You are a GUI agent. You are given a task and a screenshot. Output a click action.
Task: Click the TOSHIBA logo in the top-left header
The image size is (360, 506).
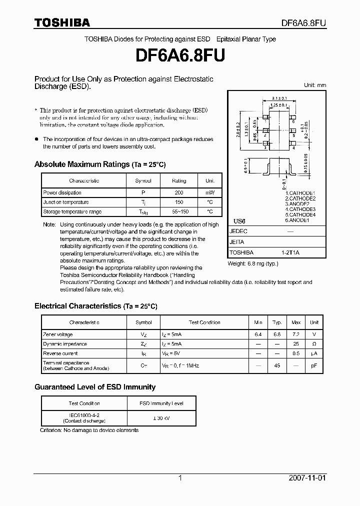[x=62, y=22]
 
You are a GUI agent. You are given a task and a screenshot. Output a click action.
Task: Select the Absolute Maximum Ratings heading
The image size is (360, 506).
[x=99, y=164]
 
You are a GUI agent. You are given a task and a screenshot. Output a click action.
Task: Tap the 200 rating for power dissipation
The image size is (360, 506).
[x=178, y=192]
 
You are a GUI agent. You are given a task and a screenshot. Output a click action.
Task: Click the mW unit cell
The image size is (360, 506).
[x=209, y=192]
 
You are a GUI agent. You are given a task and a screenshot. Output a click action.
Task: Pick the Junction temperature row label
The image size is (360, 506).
[x=66, y=202]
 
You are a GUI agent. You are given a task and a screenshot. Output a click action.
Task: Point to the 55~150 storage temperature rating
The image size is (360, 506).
[x=178, y=212]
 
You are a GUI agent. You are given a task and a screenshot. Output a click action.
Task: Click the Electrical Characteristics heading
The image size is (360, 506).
[x=95, y=306]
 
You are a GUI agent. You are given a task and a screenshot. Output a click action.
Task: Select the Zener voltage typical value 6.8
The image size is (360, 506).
[x=277, y=334]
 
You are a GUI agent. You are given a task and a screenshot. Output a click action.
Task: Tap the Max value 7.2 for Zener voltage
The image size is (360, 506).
[x=296, y=334]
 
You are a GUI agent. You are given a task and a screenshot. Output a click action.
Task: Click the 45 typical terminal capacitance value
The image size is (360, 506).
[x=277, y=365]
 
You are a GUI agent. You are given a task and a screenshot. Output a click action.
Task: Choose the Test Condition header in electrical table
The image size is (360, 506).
[x=204, y=322]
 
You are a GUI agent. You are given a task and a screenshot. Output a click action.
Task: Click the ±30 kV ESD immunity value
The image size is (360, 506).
[x=161, y=418]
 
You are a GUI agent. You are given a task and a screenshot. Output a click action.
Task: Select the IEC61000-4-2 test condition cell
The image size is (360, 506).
[x=84, y=418]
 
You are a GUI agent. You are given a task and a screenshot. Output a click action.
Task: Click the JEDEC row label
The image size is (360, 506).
[x=238, y=232]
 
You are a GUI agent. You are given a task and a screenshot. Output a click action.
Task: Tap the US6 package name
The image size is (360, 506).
[x=240, y=221]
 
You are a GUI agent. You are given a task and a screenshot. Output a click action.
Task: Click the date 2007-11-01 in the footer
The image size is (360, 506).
[x=306, y=478]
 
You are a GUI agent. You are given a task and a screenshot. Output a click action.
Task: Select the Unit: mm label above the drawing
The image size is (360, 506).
[x=315, y=85]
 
